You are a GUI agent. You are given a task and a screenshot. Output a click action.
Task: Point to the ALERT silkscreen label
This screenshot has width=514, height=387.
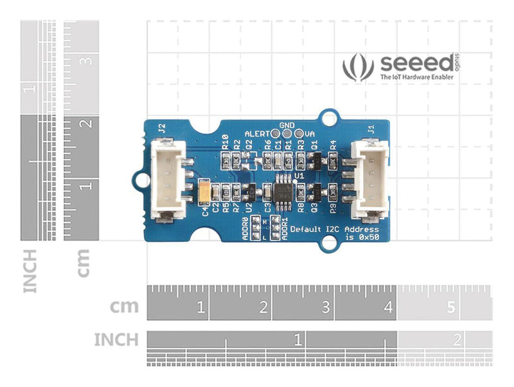[257, 133]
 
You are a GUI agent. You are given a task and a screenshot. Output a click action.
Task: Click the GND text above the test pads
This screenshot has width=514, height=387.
[287, 124]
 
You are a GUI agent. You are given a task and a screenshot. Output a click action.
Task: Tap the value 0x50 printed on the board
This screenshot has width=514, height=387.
[368, 238]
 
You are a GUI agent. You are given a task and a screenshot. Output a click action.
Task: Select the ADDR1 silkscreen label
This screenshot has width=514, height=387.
[285, 228]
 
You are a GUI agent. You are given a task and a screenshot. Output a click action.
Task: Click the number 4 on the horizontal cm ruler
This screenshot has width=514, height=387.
[388, 307]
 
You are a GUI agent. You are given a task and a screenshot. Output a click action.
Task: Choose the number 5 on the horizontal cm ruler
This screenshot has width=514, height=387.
[450, 307]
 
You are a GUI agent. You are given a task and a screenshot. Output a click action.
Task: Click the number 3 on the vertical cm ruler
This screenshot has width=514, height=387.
[88, 62]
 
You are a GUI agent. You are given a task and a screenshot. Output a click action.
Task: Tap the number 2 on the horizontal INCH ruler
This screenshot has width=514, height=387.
[457, 339]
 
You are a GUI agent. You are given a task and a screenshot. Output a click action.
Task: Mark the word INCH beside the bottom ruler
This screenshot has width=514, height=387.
[116, 339]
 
